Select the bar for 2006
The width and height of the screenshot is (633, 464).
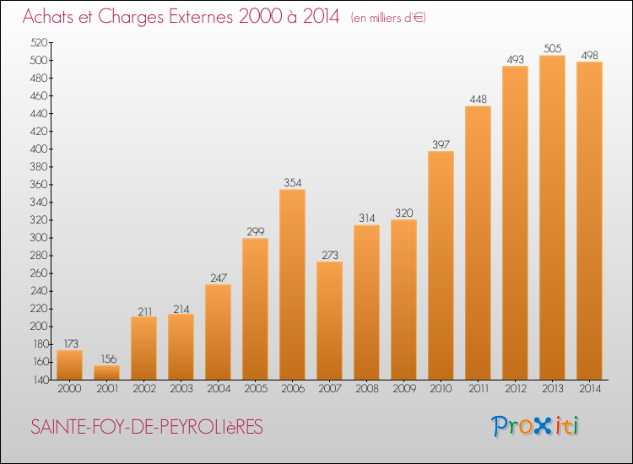[292, 284]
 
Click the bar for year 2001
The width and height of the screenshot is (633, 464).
[106, 372]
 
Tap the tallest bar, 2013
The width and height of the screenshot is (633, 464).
[552, 218]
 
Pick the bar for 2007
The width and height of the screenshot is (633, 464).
[329, 321]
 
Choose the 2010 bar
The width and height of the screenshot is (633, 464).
[441, 266]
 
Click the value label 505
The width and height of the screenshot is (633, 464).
[552, 48]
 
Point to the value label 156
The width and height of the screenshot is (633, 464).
[109, 359]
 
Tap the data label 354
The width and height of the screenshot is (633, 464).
[292, 182]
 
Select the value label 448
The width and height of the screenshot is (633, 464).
[478, 99]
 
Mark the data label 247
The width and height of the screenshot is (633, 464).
[219, 278]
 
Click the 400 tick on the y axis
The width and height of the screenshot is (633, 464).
[38, 148]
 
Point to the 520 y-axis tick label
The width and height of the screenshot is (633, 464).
[38, 42]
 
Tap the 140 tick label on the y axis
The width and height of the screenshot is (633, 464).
[39, 380]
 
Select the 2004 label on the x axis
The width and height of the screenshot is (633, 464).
[219, 389]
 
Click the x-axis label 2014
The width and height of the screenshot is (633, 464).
[590, 389]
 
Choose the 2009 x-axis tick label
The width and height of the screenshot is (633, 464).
[404, 389]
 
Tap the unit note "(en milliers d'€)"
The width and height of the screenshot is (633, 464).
[388, 18]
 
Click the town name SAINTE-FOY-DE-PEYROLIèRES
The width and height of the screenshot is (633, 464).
[147, 427]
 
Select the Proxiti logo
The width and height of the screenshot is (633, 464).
[535, 426]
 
